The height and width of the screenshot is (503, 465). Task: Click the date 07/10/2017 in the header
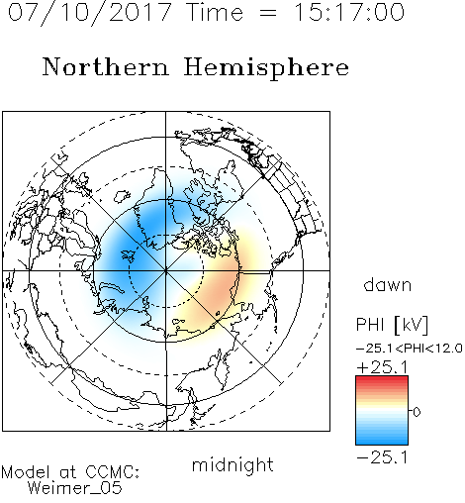coord(90,13)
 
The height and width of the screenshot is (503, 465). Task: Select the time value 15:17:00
coord(348,12)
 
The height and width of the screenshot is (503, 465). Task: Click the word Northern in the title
coord(106,67)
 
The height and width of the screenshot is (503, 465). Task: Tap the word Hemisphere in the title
coord(266,67)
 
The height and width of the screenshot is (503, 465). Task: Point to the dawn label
coord(388,284)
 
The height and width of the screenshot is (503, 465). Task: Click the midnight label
coord(232,464)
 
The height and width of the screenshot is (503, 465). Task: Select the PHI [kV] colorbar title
coord(392,325)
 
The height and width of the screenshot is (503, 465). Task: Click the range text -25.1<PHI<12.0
coord(410,349)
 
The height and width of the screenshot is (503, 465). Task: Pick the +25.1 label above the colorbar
coord(382,367)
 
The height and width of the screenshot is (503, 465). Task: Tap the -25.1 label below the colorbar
coord(382,457)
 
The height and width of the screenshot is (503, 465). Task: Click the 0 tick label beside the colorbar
coord(417,412)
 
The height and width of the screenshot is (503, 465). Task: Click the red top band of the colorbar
coord(382,380)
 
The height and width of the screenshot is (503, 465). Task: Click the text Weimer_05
coord(75,488)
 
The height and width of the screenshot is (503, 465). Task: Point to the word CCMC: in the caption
coord(113,472)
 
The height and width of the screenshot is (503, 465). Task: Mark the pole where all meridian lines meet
coord(166,270)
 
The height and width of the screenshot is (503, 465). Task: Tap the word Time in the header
coord(215,12)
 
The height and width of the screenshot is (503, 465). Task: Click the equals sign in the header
coord(268,13)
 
